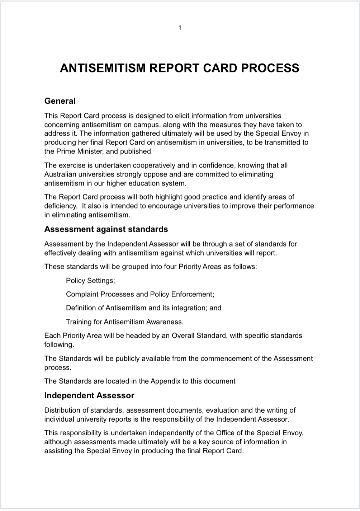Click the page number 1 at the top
pyautogui.click(x=180, y=28)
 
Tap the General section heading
pyautogui.click(x=60, y=101)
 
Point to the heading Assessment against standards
pyautogui.click(x=106, y=229)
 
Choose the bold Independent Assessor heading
pyautogui.click(x=89, y=395)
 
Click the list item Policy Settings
pyautogui.click(x=90, y=281)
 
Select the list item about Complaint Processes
pyautogui.click(x=140, y=294)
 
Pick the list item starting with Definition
pyautogui.click(x=143, y=308)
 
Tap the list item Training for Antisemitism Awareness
pyautogui.click(x=124, y=322)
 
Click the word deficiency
pyautogui.click(x=60, y=206)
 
